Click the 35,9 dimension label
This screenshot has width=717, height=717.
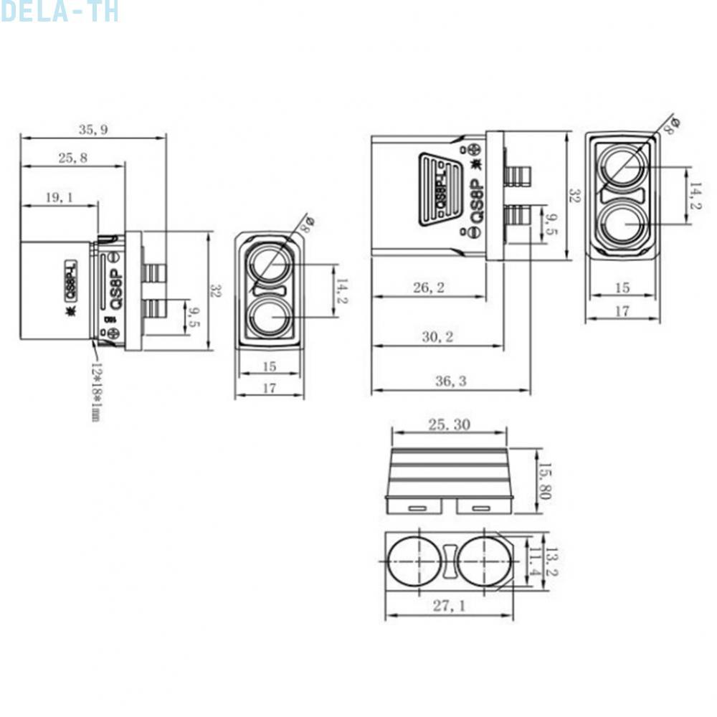pyautogui.click(x=93, y=130)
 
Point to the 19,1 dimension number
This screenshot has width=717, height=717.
pyautogui.click(x=59, y=197)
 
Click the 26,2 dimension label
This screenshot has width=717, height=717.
pyautogui.click(x=429, y=288)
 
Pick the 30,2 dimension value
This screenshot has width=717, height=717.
pyautogui.click(x=437, y=337)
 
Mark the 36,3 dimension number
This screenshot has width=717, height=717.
pyautogui.click(x=450, y=381)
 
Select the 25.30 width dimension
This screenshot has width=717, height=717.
pyautogui.click(x=449, y=424)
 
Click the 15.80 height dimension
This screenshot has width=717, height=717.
pyautogui.click(x=544, y=481)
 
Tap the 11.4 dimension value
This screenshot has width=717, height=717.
pyautogui.click(x=534, y=562)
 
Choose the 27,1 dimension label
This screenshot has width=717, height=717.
pyautogui.click(x=449, y=607)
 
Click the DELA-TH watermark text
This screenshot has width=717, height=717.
pyautogui.click(x=59, y=11)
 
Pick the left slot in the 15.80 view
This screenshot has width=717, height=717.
pyautogui.click(x=418, y=508)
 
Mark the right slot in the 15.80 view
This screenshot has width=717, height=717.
pyautogui.click(x=480, y=508)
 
